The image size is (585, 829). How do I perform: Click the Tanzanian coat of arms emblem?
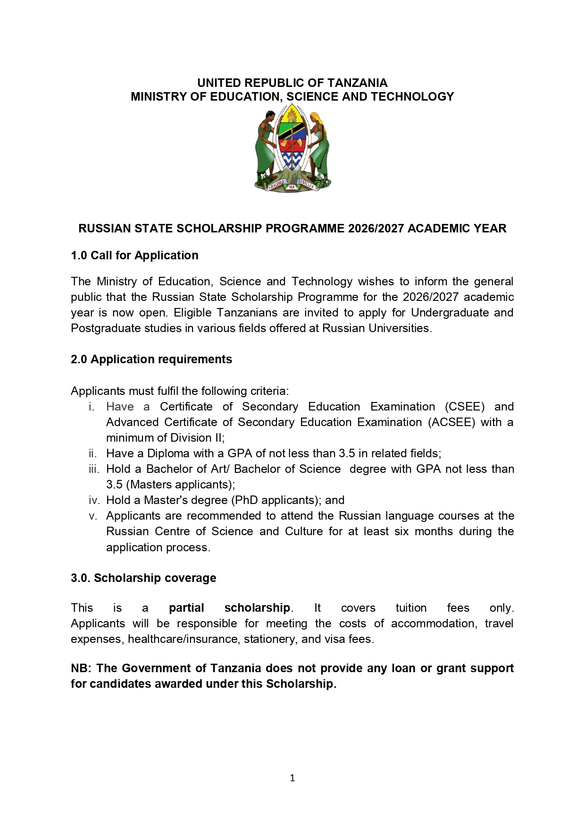pyautogui.click(x=292, y=147)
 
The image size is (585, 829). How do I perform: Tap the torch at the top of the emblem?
pyautogui.click(x=292, y=115)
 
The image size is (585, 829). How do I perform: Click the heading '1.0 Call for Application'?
pyautogui.click(x=134, y=256)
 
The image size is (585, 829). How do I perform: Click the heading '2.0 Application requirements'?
pyautogui.click(x=151, y=359)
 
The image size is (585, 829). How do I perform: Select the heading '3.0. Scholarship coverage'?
pyautogui.click(x=143, y=578)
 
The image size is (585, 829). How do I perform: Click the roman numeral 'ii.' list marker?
pyautogui.click(x=92, y=454)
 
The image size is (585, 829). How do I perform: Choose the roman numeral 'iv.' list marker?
pyautogui.click(x=92, y=500)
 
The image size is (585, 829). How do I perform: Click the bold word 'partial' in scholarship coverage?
pyautogui.click(x=186, y=608)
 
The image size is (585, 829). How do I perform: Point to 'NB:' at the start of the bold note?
pyautogui.click(x=81, y=668)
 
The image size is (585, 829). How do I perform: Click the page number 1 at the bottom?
pyautogui.click(x=292, y=778)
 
